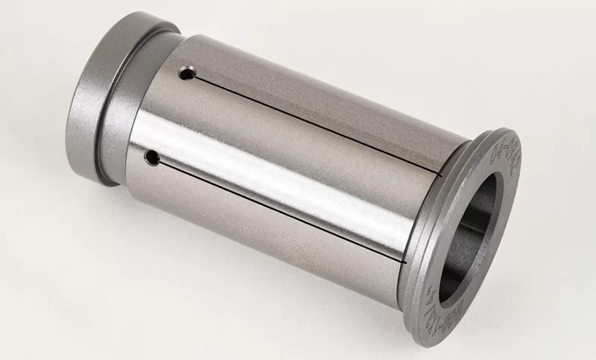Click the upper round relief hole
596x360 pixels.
point(187,74)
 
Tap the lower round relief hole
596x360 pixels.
point(153,157)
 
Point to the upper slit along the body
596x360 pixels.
point(313,119)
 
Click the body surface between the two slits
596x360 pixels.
point(298,164)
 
